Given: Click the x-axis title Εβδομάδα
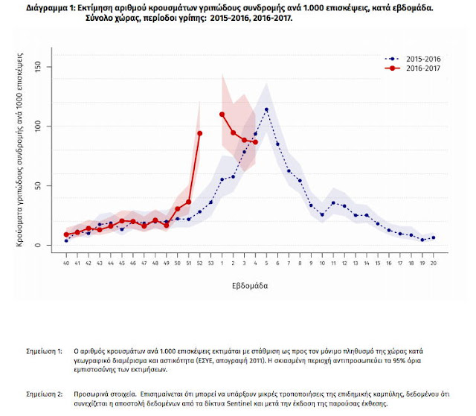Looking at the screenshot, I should tap(249, 285).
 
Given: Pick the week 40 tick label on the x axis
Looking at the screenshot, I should tap(66, 263).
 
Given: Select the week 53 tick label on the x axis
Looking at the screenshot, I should tap(210, 263).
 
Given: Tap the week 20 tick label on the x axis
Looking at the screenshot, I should tap(433, 263).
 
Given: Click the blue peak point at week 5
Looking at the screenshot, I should tap(266, 110).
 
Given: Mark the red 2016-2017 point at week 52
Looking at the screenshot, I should tap(199, 133).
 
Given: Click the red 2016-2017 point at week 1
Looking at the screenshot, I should tap(222, 114).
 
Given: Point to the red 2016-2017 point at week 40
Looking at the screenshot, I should tap(66, 234).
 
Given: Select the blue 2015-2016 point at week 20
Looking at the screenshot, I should tap(433, 237).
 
